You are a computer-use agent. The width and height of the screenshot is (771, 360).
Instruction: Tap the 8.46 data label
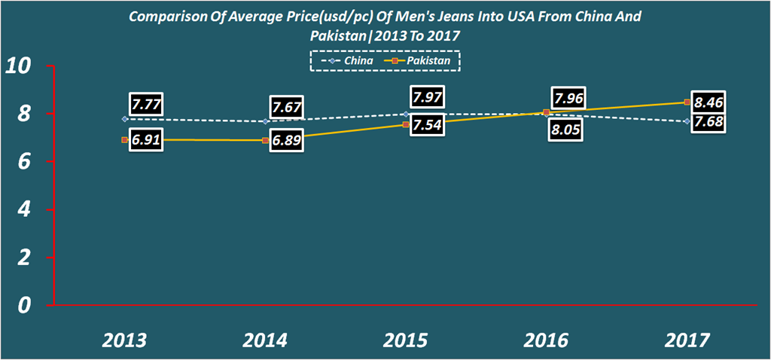pyautogui.click(x=709, y=103)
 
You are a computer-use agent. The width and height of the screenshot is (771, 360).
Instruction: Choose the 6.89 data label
pyautogui.click(x=286, y=142)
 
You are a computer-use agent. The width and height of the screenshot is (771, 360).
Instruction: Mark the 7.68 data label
pyautogui.click(x=709, y=122)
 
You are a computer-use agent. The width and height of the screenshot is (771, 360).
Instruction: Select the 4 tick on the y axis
pyautogui.click(x=24, y=209)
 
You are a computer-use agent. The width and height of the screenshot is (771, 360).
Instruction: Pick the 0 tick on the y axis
pyautogui.click(x=24, y=305)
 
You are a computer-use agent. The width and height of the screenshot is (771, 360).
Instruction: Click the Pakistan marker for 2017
pyautogui.click(x=687, y=102)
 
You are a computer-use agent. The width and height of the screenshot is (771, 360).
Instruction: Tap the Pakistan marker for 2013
pyautogui.click(x=125, y=140)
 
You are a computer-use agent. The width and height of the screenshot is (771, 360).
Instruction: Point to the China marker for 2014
pyautogui.click(x=266, y=121)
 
